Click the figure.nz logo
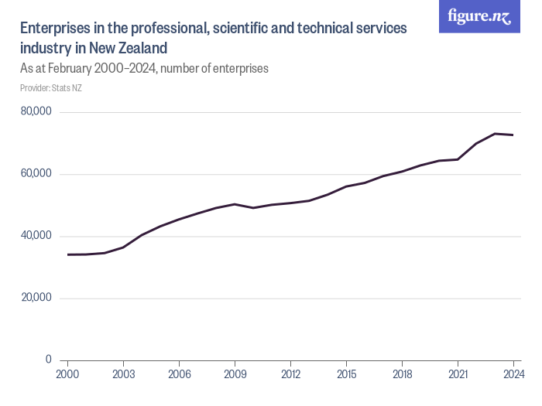coord(479,16)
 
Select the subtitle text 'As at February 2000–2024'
coord(87,68)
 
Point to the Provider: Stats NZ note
coord(51,87)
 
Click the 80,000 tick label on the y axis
coord(36,112)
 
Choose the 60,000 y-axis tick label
coord(36,174)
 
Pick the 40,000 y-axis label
coord(36,236)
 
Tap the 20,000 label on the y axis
coord(36,298)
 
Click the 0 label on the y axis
coord(48,360)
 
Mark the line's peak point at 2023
coord(495,134)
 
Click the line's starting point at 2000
coord(67,254)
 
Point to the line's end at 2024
coord(513,135)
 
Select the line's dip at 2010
coord(253,208)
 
